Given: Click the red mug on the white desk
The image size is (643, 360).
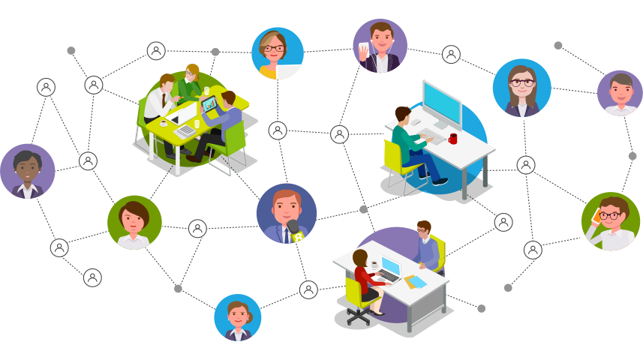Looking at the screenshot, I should (452, 139).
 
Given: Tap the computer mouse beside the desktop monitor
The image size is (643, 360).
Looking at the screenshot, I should (417, 122).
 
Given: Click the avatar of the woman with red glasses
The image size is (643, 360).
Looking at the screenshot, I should (277, 52).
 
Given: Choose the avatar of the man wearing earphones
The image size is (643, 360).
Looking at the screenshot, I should (380, 46).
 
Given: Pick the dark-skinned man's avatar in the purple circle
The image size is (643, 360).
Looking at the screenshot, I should (28, 171).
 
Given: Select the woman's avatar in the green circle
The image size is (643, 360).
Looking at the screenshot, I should (134, 222).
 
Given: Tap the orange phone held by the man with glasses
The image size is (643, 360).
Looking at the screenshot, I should (596, 216).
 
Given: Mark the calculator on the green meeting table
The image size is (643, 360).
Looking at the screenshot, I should (184, 130).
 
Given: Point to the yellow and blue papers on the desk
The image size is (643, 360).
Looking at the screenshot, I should (415, 282).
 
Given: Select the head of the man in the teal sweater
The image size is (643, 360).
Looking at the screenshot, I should (402, 115).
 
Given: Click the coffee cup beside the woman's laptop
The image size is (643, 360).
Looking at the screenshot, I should (374, 265).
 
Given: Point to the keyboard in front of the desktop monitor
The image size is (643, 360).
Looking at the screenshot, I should (434, 139).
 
